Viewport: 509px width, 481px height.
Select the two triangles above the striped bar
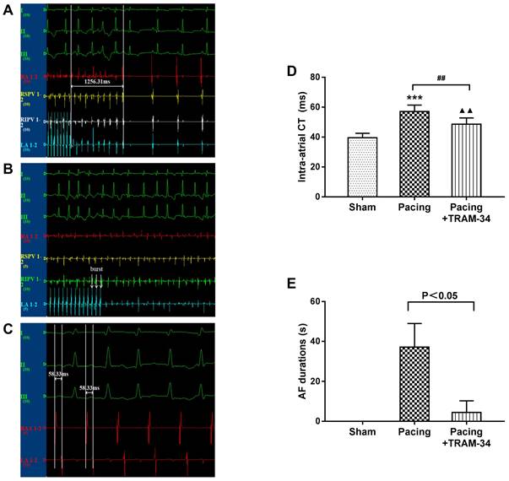463,111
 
